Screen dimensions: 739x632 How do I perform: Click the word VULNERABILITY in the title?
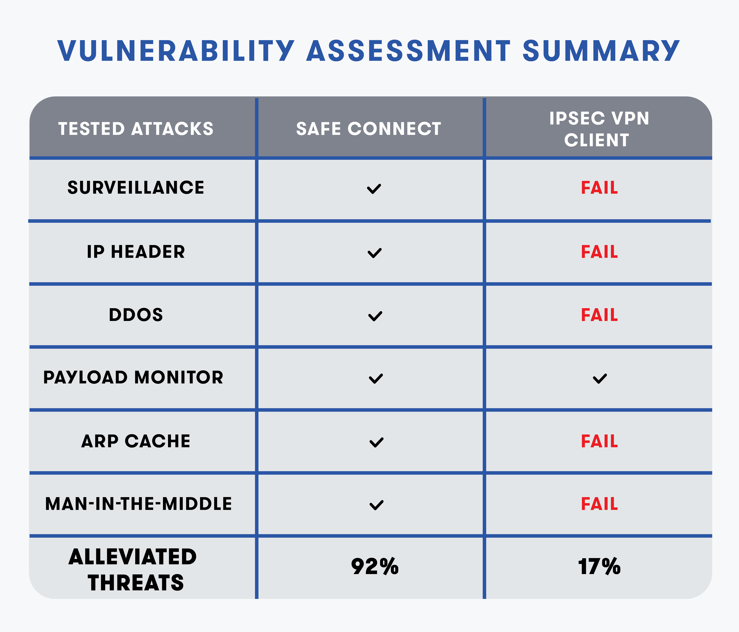pyautogui.click(x=176, y=51)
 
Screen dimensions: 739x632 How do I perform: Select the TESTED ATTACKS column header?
pyautogui.click(x=136, y=129)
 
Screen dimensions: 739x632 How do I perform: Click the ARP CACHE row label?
pyautogui.click(x=136, y=441)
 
